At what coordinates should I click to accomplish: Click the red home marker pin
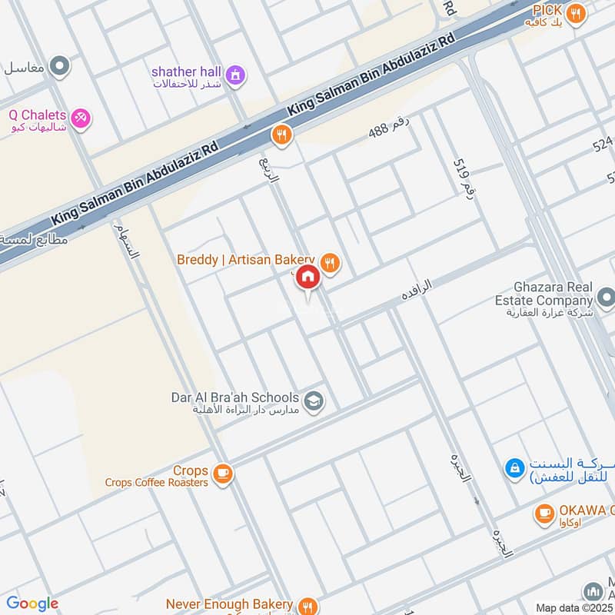[x=307, y=278]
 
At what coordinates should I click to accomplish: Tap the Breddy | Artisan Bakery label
[x=246, y=261]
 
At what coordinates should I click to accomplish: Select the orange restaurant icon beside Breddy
[x=331, y=263]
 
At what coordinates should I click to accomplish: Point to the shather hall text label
[x=186, y=71]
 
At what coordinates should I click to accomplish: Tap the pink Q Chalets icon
[x=80, y=118]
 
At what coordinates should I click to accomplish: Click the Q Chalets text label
[x=37, y=115]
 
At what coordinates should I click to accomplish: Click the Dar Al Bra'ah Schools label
[x=234, y=398]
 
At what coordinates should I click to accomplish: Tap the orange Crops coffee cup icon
[x=223, y=474]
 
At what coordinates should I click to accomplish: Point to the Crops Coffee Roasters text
[x=157, y=483]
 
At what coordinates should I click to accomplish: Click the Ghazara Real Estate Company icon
[x=605, y=297]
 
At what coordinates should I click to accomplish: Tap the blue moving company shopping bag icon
[x=514, y=467]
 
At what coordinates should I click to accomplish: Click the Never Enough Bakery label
[x=231, y=605]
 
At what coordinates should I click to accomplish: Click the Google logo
[x=32, y=603]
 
